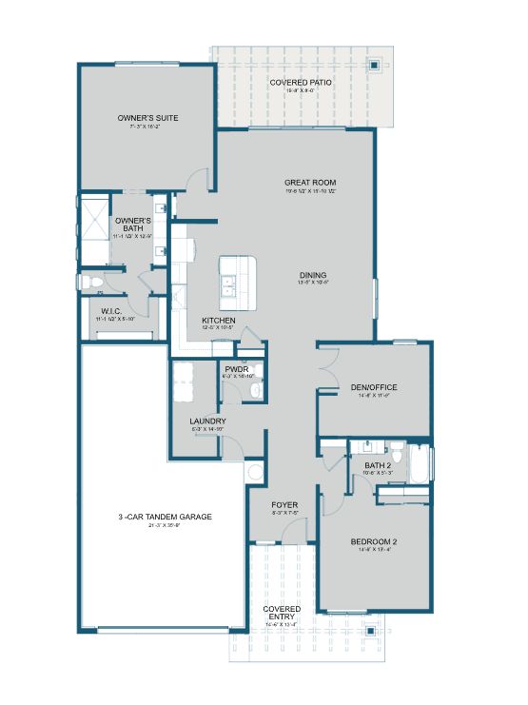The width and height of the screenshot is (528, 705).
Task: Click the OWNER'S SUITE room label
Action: (147, 118)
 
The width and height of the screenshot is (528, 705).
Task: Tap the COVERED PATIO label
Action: (301, 83)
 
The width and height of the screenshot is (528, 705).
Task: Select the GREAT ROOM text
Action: (310, 183)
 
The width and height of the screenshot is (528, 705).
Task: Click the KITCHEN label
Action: (218, 321)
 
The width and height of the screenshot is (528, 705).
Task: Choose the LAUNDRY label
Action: (207, 421)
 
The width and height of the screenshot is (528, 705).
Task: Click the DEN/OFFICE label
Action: (373, 387)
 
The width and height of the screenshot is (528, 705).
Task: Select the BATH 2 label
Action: (378, 464)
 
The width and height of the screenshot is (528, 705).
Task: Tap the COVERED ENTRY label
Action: (282, 613)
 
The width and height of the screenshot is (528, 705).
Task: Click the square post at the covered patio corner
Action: (377, 66)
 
